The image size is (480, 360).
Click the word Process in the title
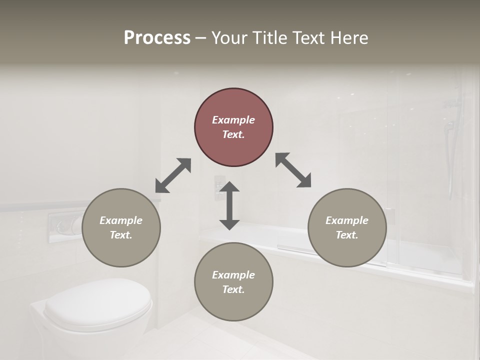[x=157, y=38]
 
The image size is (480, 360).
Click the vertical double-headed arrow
[x=229, y=206]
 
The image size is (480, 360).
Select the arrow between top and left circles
[x=173, y=175]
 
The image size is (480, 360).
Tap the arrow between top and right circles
[x=293, y=170]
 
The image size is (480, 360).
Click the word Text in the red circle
[x=233, y=134]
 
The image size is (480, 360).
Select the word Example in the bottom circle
[x=233, y=275]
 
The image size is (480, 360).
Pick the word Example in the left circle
[x=121, y=220]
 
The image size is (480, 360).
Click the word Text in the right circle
[x=347, y=235]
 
